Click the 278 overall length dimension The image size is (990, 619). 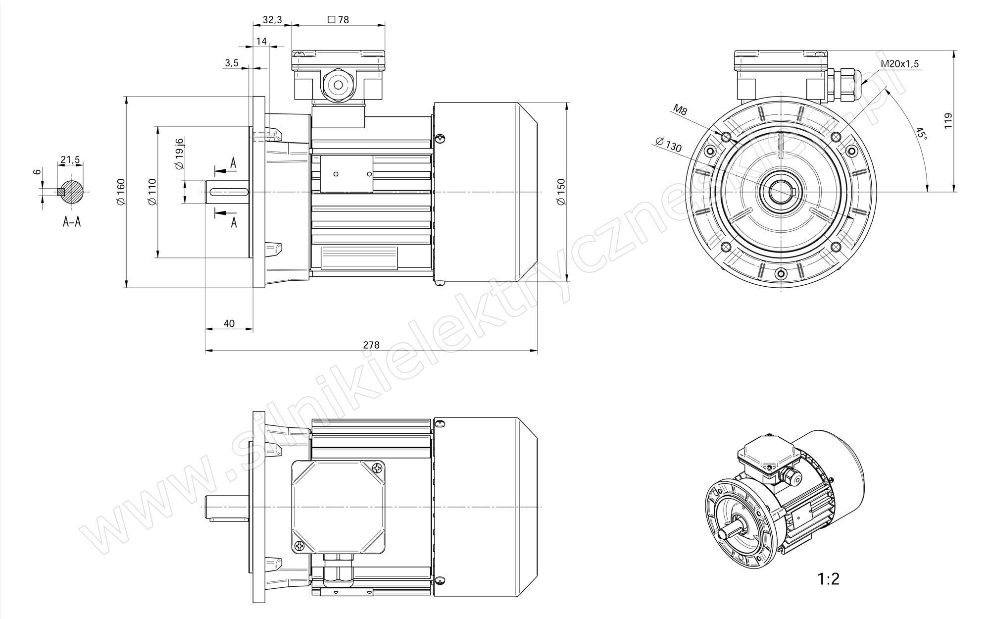371,345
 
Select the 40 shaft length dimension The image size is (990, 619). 229,323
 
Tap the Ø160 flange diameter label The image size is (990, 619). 120,192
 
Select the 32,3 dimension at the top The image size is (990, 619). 272,20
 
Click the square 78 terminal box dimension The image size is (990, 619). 339,20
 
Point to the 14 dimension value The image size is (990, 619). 262,41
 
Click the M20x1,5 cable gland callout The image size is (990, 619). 900,64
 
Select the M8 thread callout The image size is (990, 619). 680,110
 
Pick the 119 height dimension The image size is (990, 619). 948,121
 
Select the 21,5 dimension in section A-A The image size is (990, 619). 70,159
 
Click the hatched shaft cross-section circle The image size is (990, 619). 72,192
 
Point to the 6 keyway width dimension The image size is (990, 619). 36,172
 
